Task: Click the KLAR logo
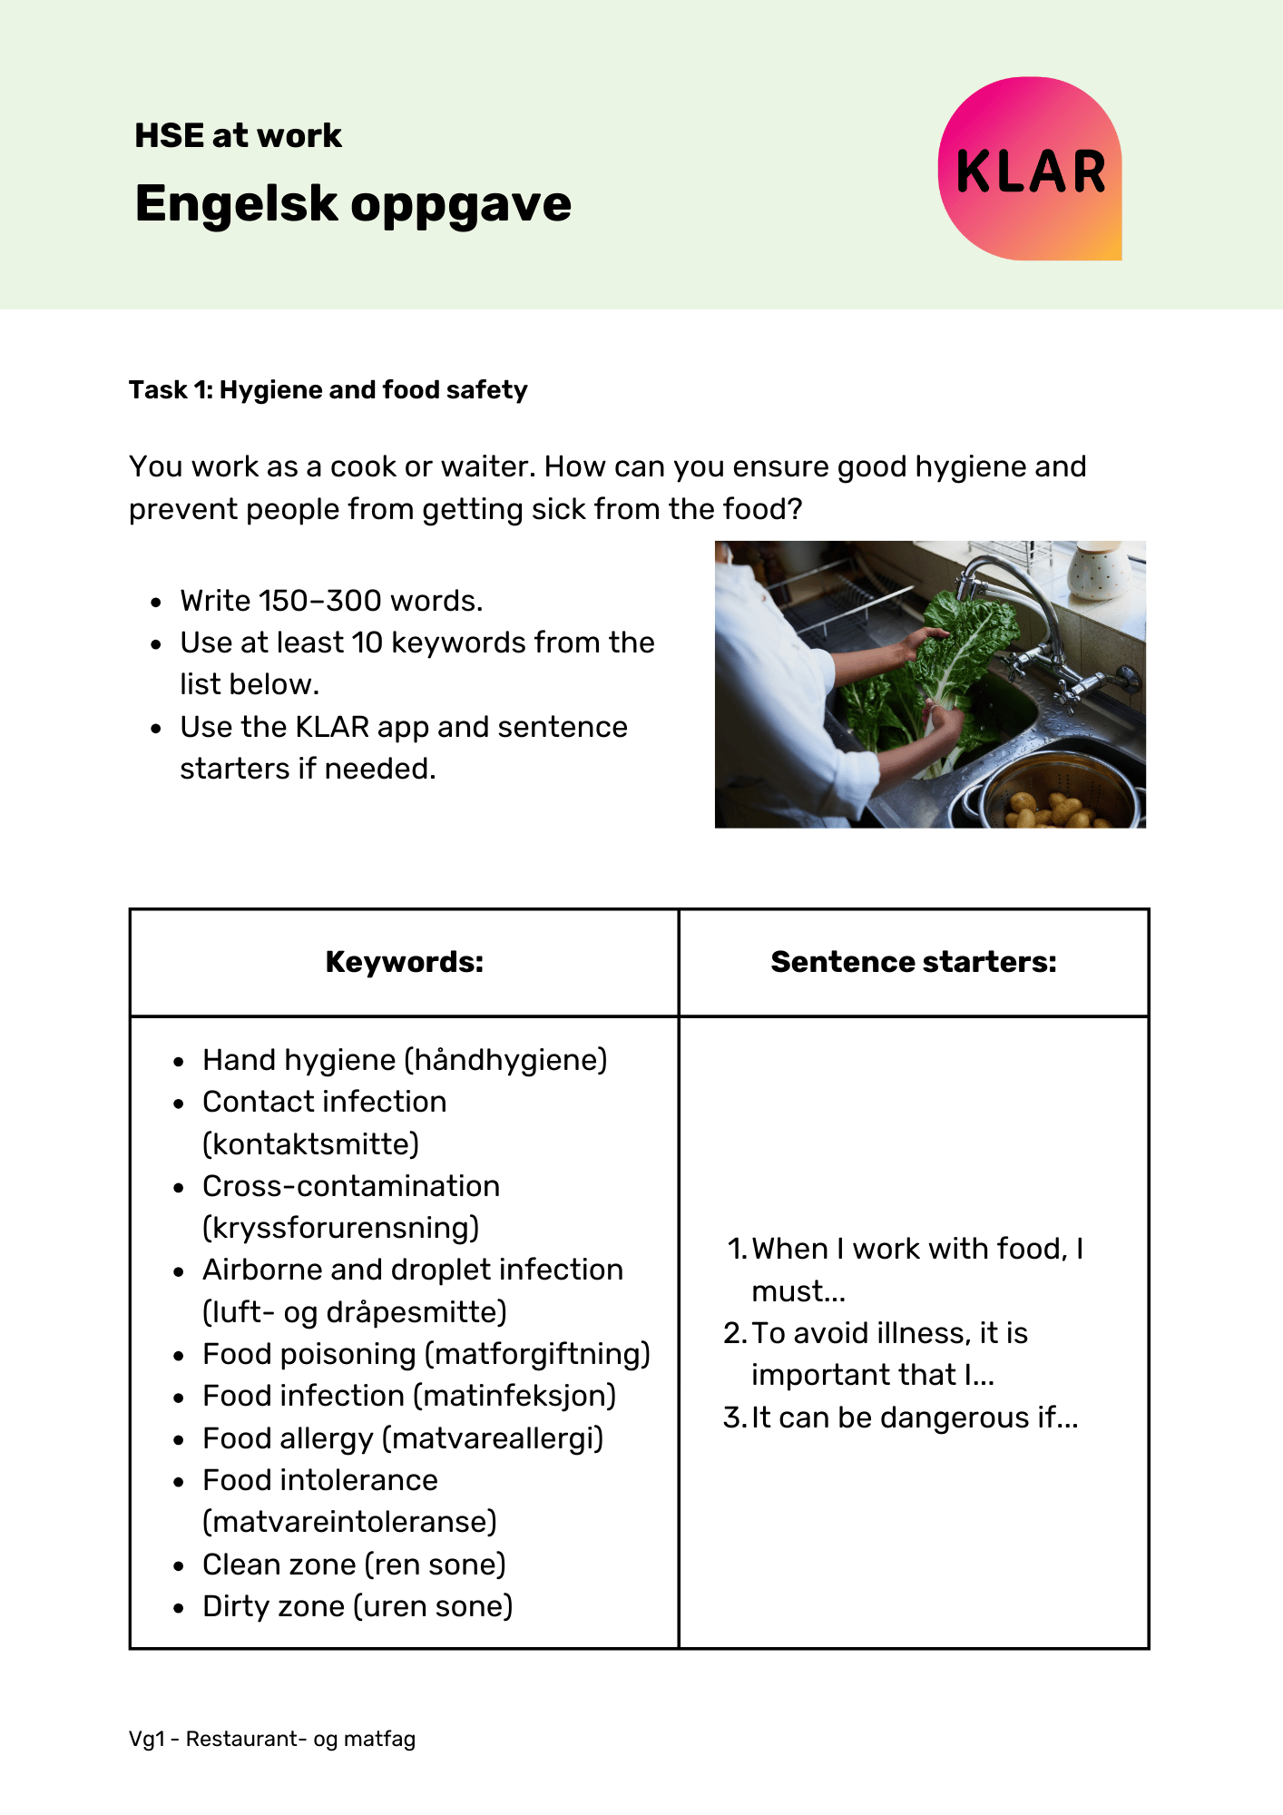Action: pos(1030,169)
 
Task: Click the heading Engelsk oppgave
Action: pos(353,203)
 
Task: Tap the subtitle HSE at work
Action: pos(238,136)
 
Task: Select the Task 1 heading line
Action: pos(328,390)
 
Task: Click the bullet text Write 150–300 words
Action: pos(331,601)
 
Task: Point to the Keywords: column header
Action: pos(405,962)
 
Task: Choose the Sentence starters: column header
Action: pos(914,962)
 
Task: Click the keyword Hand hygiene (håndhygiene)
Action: pos(405,1060)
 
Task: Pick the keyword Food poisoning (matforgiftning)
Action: pos(426,1354)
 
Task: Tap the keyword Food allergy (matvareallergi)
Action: pos(403,1438)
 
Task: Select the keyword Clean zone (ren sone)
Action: pos(354,1565)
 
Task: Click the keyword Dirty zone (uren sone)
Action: pos(357,1606)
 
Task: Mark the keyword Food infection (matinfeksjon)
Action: pos(409,1396)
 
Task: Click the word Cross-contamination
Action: pos(351,1186)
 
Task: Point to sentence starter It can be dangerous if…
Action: pos(915,1418)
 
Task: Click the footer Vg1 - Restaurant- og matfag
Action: pos(272,1739)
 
